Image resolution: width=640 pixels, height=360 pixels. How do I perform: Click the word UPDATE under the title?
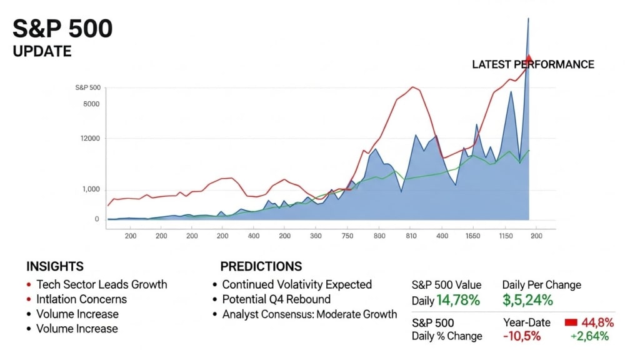42,51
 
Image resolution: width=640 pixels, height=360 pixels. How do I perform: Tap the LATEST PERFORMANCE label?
532,64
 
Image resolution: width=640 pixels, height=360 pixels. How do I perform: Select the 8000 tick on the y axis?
91,104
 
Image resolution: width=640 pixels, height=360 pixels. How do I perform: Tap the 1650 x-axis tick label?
472,236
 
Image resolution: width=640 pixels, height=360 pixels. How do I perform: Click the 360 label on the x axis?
316,236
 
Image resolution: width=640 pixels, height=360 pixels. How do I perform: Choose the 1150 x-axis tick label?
505,236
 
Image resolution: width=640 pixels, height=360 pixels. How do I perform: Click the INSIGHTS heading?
54,266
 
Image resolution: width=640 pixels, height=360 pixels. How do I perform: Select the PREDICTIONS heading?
261,266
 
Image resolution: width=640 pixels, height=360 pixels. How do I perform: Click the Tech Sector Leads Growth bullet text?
102,284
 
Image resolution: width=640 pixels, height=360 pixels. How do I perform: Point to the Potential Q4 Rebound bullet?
276,299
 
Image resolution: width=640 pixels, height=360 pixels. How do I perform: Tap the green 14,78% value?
458,301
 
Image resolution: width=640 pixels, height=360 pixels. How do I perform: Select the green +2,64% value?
591,337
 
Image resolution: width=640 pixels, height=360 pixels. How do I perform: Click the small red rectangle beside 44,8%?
570,322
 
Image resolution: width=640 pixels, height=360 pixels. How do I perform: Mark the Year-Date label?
527,322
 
